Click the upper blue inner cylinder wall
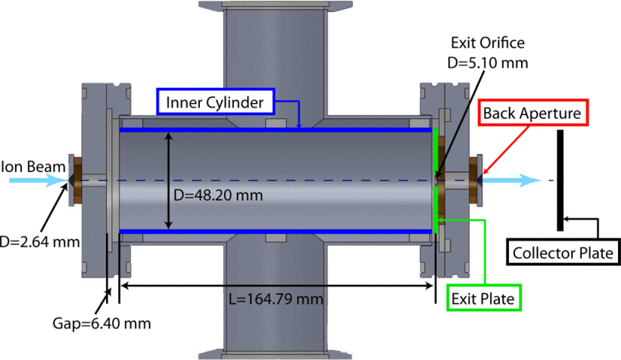(276, 130)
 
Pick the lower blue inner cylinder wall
(276, 230)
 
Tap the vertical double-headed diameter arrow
(169, 180)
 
